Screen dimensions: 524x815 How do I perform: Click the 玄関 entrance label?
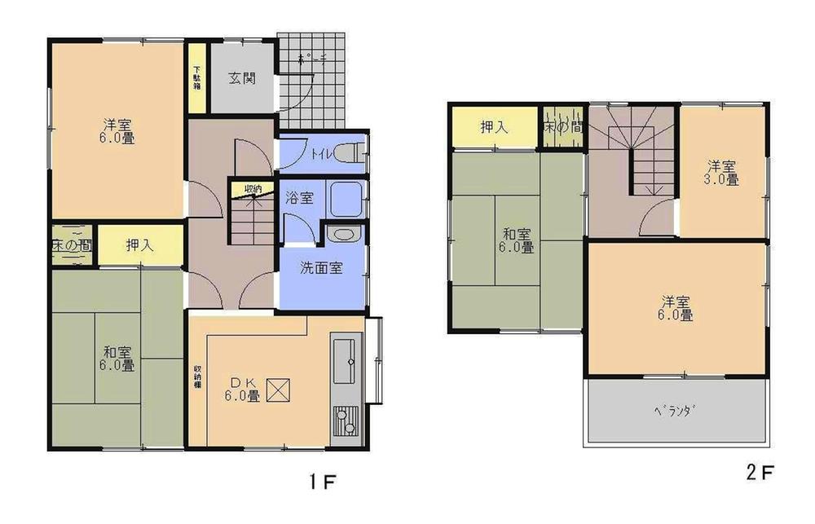pos(242,79)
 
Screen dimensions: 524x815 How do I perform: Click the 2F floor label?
pos(758,471)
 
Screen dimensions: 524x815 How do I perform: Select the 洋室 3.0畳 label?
pos(721,173)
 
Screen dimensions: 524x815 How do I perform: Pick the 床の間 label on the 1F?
pos(71,244)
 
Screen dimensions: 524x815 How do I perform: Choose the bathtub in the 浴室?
pos(347,198)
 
